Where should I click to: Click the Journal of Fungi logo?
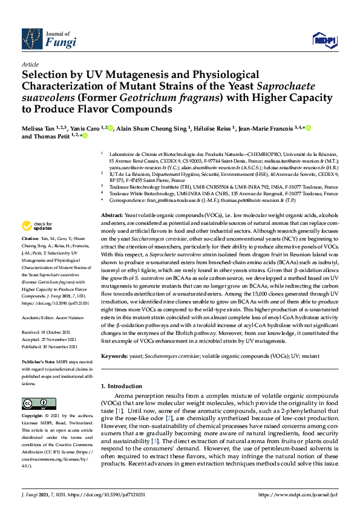click(48, 39)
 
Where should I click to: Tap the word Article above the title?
click(30, 64)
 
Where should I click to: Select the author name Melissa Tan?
click(38, 128)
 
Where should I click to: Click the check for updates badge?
click(36, 226)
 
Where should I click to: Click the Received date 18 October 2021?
click(58, 332)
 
